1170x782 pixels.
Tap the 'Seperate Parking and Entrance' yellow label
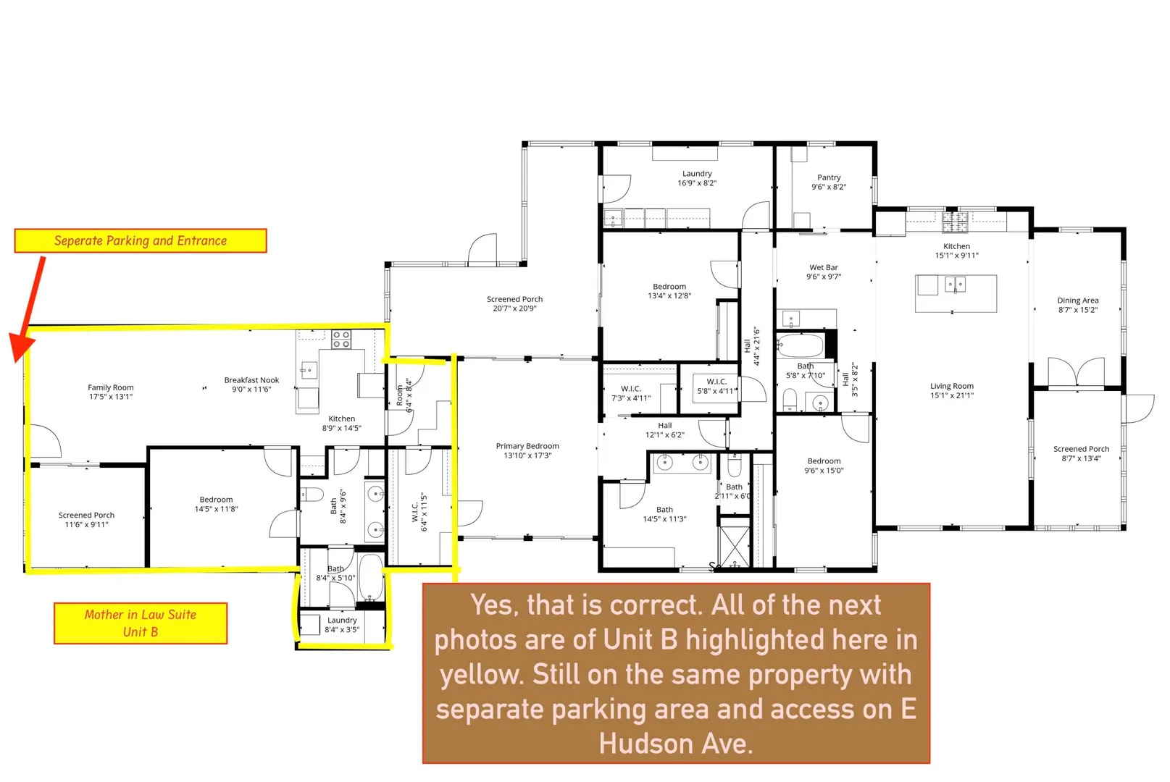141,240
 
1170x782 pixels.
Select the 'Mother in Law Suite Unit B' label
141,623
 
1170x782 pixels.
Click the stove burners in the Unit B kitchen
342,340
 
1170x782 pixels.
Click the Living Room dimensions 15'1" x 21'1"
952,395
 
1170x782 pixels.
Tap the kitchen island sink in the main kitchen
956,285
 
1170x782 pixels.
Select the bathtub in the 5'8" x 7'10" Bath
800,345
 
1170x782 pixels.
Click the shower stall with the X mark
735,547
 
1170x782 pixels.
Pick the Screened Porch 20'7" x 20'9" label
515,304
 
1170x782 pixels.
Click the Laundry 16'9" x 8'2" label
698,178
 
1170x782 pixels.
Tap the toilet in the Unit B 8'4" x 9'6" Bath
312,494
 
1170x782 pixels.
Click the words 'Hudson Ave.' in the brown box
676,744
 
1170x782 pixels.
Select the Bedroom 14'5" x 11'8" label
216,504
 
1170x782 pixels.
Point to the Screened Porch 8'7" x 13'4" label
1081,454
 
